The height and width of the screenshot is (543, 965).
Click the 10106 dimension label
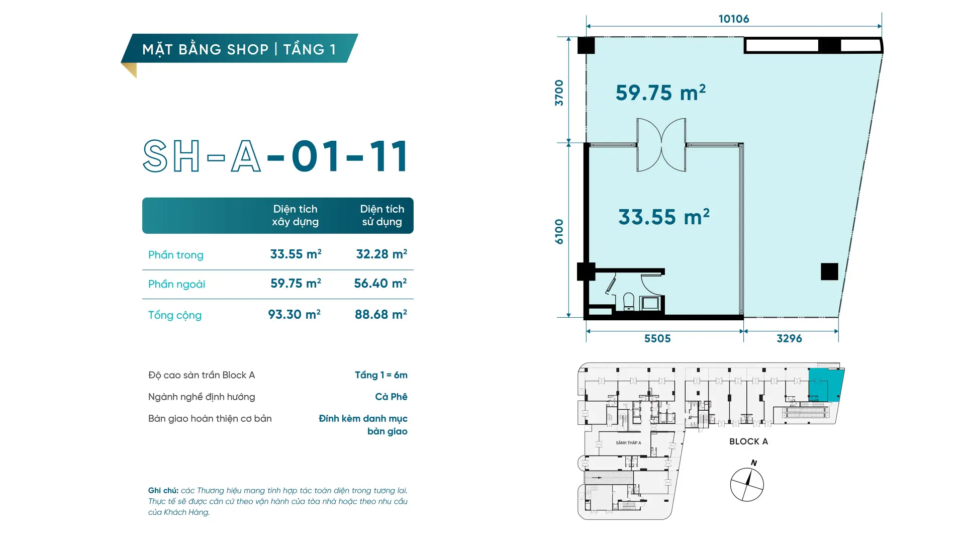(733, 19)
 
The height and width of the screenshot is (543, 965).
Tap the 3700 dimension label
(559, 93)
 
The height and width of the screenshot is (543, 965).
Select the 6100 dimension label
(559, 231)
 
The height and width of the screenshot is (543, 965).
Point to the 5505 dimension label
(657, 339)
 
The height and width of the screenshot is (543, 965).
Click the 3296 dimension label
(789, 339)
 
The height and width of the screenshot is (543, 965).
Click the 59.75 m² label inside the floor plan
(660, 93)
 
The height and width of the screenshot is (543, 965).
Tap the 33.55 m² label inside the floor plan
(663, 217)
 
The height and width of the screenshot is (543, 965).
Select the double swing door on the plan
(661, 145)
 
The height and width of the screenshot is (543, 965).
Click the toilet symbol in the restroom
(629, 302)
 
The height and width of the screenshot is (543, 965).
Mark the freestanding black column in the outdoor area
(829, 271)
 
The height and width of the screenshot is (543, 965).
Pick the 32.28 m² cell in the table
(381, 254)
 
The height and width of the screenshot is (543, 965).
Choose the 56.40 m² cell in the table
(380, 284)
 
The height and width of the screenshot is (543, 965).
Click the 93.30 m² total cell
(295, 315)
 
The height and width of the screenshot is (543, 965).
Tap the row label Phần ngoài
(176, 284)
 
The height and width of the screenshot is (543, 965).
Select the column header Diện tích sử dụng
(382, 215)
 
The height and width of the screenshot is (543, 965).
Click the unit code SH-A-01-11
(275, 156)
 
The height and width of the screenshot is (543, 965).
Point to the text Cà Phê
(391, 397)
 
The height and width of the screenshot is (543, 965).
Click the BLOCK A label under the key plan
(748, 441)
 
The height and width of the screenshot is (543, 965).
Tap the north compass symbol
(747, 484)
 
